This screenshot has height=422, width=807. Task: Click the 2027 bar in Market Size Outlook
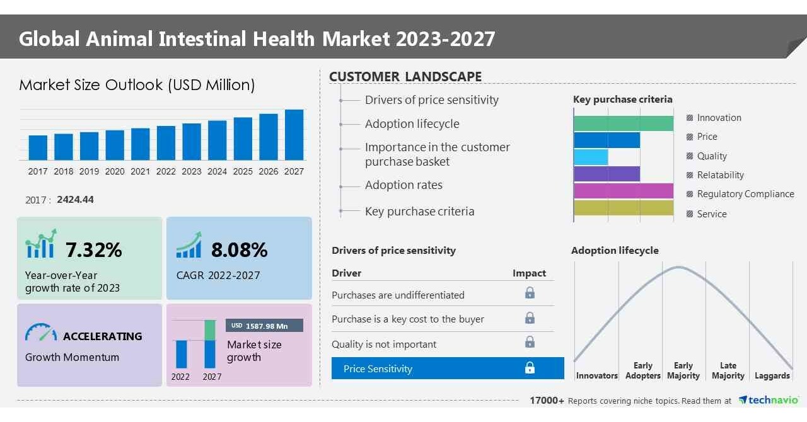click(294, 135)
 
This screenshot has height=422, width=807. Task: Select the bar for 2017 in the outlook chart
click(38, 147)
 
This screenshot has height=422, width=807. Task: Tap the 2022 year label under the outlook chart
click(166, 171)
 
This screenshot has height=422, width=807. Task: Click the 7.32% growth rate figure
click(93, 250)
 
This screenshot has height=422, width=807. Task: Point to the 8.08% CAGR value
click(239, 250)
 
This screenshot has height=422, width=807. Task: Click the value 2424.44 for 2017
click(75, 200)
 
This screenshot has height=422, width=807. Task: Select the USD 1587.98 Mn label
click(264, 326)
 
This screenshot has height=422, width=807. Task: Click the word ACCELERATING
click(102, 336)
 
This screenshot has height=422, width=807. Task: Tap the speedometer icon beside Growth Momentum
click(40, 333)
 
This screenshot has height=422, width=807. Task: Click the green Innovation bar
click(623, 123)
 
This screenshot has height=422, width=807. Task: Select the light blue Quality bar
click(591, 157)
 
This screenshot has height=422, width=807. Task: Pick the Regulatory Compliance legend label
click(745, 194)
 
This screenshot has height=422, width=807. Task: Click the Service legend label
click(712, 214)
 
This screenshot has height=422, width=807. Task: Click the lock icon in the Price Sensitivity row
click(530, 368)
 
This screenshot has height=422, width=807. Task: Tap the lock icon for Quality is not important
click(530, 342)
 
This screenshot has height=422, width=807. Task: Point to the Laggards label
click(772, 375)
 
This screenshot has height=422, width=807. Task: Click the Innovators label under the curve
click(596, 375)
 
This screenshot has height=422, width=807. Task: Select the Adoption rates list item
click(403, 185)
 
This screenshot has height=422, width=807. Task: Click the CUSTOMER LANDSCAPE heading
click(405, 77)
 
